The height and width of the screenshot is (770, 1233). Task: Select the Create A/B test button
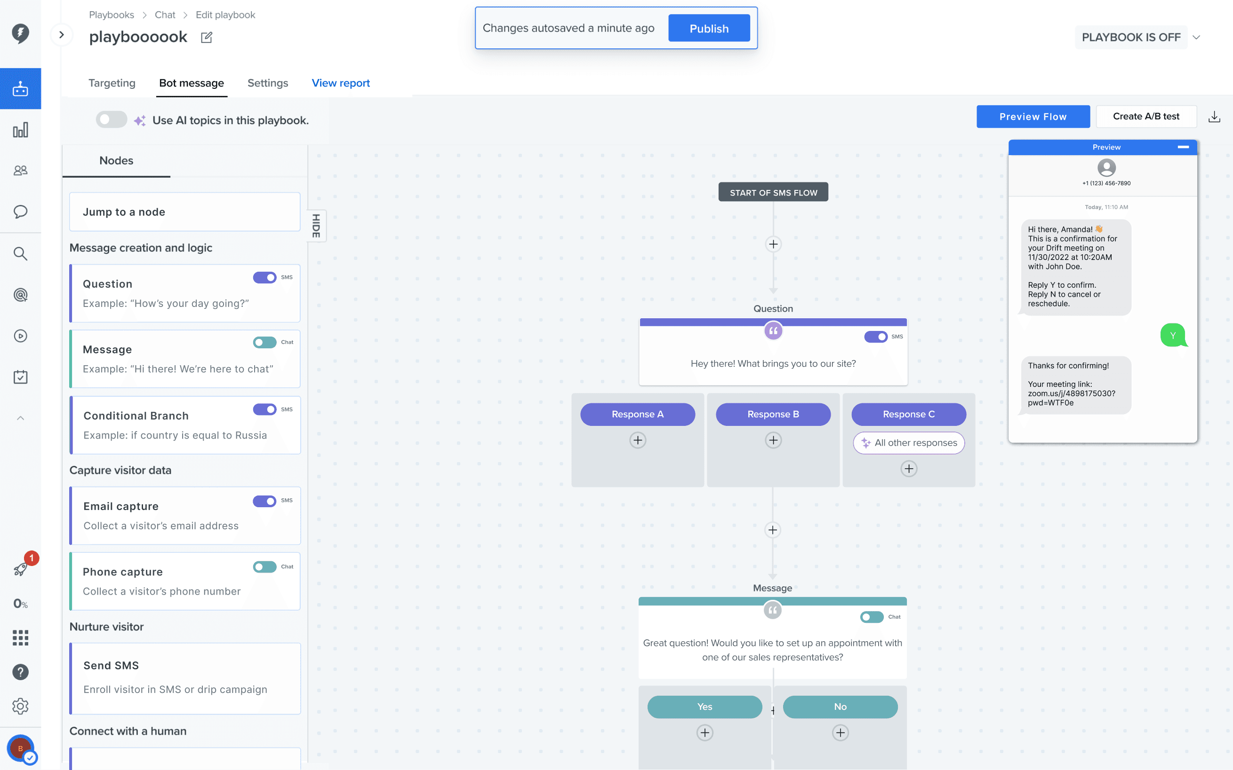1146,117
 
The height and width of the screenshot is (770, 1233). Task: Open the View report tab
341,83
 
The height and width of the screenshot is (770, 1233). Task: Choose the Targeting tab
112,83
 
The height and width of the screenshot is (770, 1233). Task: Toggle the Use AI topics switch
111,120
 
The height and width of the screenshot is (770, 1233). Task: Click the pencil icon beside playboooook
207,37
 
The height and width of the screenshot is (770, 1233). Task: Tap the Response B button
773,414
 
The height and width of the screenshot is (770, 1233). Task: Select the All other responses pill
909,442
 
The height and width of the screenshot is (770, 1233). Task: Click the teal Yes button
705,707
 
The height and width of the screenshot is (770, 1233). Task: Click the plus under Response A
638,440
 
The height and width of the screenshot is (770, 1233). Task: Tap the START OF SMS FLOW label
773,193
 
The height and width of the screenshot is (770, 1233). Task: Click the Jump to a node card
184,212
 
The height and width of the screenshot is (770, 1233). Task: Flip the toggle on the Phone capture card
264,567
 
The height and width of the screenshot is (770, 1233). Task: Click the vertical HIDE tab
317,226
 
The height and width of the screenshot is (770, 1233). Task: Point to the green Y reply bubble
1173,335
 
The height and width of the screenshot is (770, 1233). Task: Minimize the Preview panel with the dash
1183,147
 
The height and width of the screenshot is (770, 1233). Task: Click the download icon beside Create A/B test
1214,117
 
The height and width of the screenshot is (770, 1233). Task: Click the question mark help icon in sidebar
20,672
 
